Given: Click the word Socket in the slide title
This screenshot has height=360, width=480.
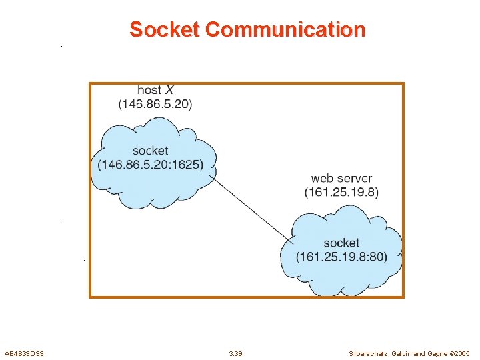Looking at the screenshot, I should point(165,30).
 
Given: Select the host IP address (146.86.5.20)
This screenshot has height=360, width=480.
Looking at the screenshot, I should point(155,104).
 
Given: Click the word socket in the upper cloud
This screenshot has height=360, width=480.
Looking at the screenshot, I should point(150,151).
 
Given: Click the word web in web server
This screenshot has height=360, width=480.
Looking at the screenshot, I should point(323,178).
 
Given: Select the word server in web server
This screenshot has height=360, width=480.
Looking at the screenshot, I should point(355,178).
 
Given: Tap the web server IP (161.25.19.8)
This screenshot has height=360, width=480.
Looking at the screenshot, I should point(341,192).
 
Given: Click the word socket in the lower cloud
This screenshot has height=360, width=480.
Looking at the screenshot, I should point(341,243).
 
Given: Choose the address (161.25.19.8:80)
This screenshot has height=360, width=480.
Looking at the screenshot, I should point(341,257).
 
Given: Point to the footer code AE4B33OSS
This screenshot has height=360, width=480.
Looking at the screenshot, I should point(24,353).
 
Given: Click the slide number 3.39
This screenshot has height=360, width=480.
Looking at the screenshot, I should point(235,353).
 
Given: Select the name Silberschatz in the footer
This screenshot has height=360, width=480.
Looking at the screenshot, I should point(368,353).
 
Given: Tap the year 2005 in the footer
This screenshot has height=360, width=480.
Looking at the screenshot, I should point(462,353).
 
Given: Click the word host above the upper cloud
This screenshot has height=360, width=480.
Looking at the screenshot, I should point(149,90).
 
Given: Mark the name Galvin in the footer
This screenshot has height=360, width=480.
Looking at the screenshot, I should point(403,353).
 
